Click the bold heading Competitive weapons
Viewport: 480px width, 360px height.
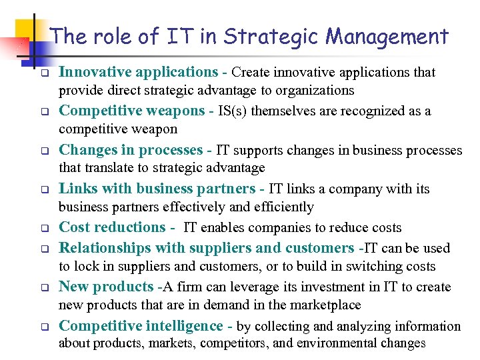[131, 111]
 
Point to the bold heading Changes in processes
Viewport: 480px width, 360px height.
[131, 150]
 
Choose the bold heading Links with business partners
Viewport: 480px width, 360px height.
[157, 189]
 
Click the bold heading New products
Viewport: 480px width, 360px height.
[106, 287]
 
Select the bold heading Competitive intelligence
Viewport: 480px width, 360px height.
[141, 325]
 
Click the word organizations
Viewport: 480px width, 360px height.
[315, 90]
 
